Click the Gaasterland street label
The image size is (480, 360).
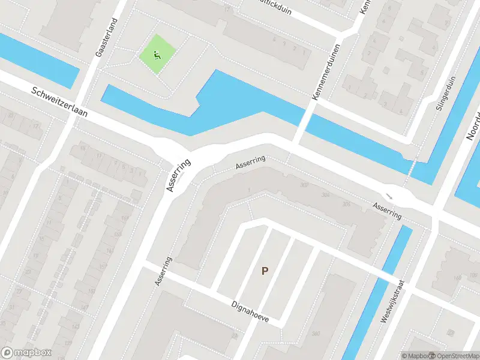click(106, 37)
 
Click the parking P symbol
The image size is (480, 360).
click(264, 271)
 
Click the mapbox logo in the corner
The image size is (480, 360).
click(26, 353)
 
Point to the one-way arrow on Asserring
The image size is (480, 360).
click(389, 196)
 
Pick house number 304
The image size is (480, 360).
click(326, 195)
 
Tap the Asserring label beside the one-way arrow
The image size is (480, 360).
click(386, 210)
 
